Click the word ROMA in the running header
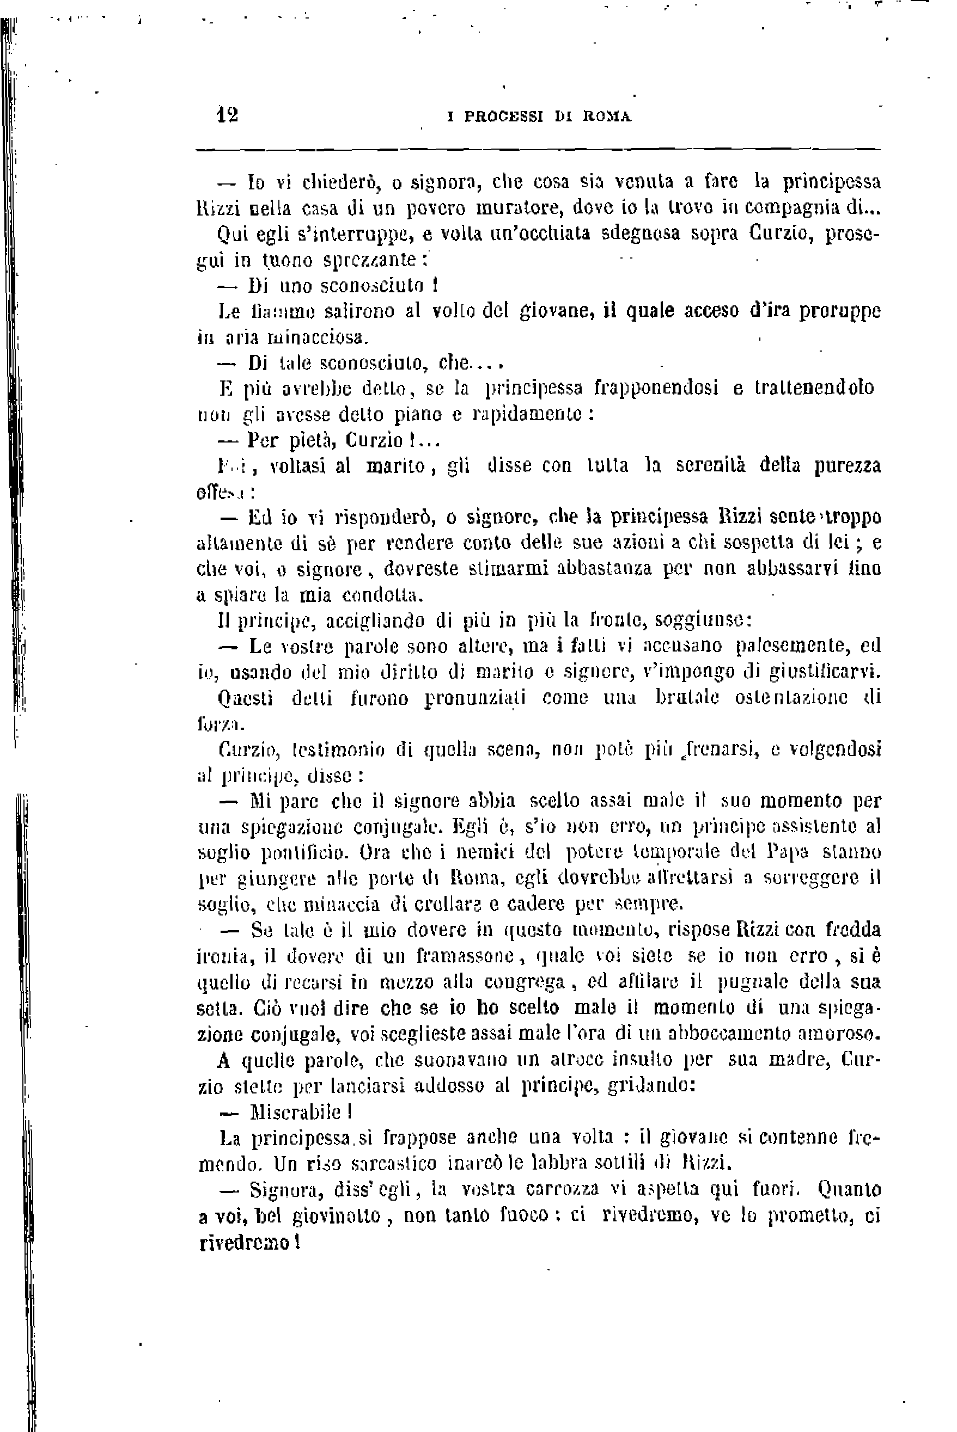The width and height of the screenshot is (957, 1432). click(x=607, y=116)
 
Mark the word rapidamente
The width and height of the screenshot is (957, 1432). click(x=531, y=415)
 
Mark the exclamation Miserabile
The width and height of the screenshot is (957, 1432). click(x=296, y=1112)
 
